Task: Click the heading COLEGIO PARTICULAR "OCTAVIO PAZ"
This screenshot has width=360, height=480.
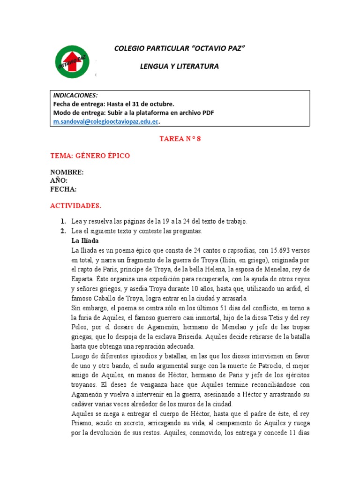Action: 180,49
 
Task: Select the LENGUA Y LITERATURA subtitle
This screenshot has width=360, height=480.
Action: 180,67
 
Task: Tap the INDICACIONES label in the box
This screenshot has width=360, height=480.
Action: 75,95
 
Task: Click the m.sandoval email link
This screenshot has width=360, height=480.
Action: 105,121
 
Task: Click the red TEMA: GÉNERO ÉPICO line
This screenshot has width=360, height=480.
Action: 90,156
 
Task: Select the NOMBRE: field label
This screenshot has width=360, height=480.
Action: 67,172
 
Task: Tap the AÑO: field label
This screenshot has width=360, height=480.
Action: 59,180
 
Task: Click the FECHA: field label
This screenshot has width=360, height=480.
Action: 63,189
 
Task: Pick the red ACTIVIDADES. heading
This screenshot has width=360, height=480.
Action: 75,206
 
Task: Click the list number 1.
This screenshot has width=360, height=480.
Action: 62,221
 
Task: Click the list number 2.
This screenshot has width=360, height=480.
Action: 62,231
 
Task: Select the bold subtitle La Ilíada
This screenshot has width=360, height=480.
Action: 84,240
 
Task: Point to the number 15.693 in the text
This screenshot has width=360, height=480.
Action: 269,250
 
